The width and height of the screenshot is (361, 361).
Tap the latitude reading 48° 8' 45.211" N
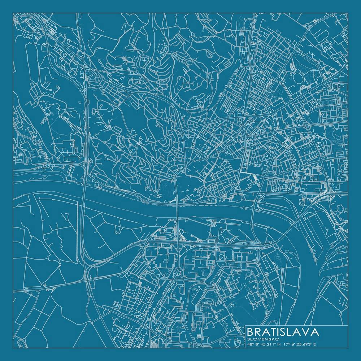tap(263, 344)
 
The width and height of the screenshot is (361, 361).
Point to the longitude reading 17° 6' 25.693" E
tap(300, 344)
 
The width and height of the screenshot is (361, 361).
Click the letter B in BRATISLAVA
tap(251, 332)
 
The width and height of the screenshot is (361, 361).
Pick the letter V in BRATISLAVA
tap(305, 332)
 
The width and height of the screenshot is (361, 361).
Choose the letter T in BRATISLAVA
tap(272, 332)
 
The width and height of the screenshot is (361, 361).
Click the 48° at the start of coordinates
tap(251, 344)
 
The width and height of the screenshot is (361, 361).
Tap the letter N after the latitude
tap(278, 344)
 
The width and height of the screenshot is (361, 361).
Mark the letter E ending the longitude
tap(315, 344)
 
